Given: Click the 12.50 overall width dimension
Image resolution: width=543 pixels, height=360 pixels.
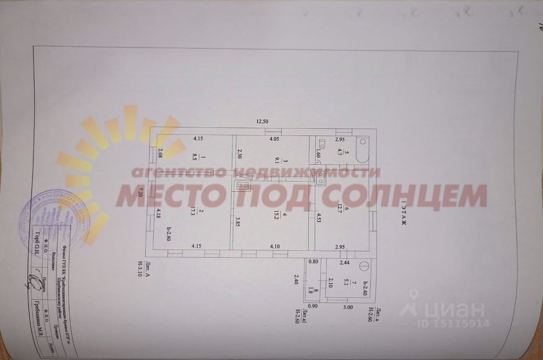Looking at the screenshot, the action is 262,121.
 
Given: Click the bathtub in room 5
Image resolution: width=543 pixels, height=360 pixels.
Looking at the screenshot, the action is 362,149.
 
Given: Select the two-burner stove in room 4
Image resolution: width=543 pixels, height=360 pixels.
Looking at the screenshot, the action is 243,185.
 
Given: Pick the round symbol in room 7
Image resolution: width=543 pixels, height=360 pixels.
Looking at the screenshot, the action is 364,266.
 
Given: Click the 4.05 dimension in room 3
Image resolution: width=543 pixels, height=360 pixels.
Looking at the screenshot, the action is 277,139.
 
